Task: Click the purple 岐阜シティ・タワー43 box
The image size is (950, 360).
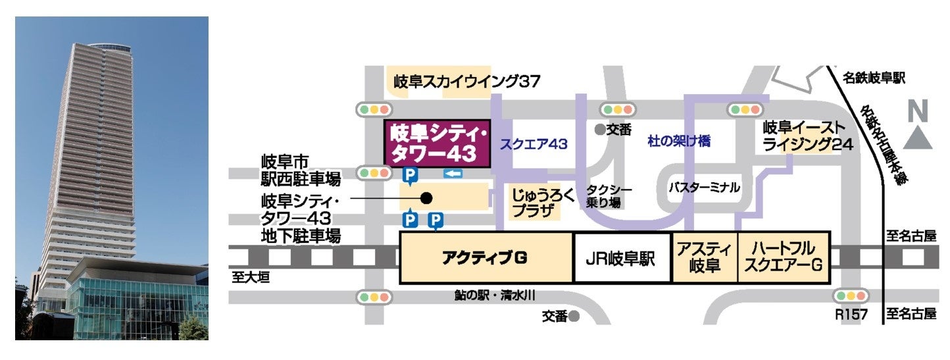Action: coord(437,143)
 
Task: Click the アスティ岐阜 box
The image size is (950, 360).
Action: coord(704,258)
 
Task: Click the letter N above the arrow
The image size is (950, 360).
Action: coord(918,111)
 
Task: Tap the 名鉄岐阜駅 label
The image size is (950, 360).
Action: coord(875,78)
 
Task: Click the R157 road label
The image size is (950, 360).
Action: coord(851,315)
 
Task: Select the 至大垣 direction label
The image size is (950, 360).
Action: coord(251,278)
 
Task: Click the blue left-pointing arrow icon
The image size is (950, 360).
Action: coord(454,174)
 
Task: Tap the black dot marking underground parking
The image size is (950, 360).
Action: coord(426,197)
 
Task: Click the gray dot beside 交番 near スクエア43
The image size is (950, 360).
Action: coord(599,130)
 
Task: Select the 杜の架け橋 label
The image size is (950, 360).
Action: coord(679,141)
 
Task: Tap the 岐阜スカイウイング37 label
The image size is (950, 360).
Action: coord(466,82)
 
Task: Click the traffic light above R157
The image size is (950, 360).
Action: coord(851,297)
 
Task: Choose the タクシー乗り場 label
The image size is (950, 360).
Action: coord(609,196)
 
